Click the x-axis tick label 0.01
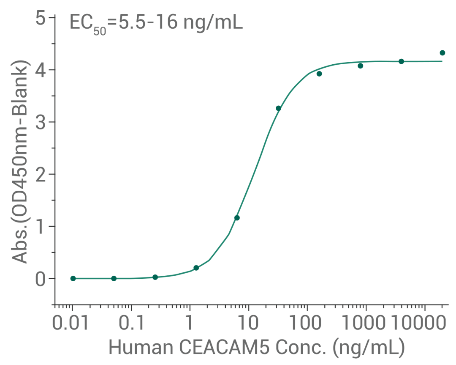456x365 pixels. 71,324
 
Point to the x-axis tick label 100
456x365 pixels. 307,324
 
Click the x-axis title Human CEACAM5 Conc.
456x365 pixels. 257,347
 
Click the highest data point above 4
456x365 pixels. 442,53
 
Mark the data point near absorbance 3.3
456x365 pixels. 278,108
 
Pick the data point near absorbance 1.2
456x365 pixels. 237,218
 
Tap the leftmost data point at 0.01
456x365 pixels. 73,278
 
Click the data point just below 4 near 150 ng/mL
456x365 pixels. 319,74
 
